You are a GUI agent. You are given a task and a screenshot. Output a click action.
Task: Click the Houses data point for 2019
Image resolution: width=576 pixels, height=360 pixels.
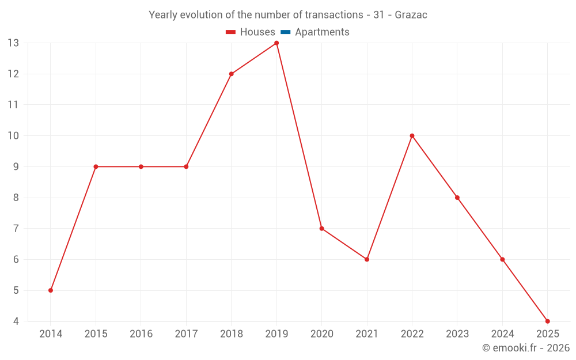(x=276, y=43)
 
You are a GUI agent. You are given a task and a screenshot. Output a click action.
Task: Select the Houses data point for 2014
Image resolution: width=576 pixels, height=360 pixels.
(x=51, y=290)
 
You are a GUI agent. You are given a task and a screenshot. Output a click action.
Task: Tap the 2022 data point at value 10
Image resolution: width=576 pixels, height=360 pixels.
(x=412, y=136)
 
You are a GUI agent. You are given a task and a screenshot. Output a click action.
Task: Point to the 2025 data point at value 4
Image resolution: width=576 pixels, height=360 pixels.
(x=547, y=321)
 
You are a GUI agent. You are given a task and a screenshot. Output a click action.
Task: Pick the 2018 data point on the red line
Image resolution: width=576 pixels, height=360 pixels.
(x=231, y=74)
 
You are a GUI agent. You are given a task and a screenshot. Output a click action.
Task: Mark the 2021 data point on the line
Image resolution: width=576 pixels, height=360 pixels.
(x=367, y=259)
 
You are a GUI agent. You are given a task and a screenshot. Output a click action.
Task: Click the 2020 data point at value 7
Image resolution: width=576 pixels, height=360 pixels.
(x=321, y=229)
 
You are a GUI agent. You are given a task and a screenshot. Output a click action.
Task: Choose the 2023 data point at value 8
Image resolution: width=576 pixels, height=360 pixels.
(x=457, y=198)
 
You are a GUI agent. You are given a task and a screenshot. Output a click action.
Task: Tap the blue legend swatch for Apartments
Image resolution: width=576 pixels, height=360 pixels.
(x=285, y=32)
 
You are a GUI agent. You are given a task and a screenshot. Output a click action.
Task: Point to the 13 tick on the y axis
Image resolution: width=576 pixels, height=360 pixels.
(x=13, y=43)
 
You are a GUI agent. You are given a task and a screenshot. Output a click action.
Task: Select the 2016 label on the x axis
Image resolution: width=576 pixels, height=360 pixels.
(x=141, y=334)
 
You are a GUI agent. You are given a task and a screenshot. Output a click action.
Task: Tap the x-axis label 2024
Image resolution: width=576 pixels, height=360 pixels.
(x=502, y=334)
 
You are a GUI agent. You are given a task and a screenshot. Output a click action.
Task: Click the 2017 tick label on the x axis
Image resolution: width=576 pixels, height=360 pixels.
(x=186, y=334)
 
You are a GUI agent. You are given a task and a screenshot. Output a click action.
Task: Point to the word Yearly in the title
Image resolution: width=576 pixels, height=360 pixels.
(x=162, y=15)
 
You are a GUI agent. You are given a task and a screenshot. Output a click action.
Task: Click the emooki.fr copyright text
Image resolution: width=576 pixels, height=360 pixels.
(x=526, y=348)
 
